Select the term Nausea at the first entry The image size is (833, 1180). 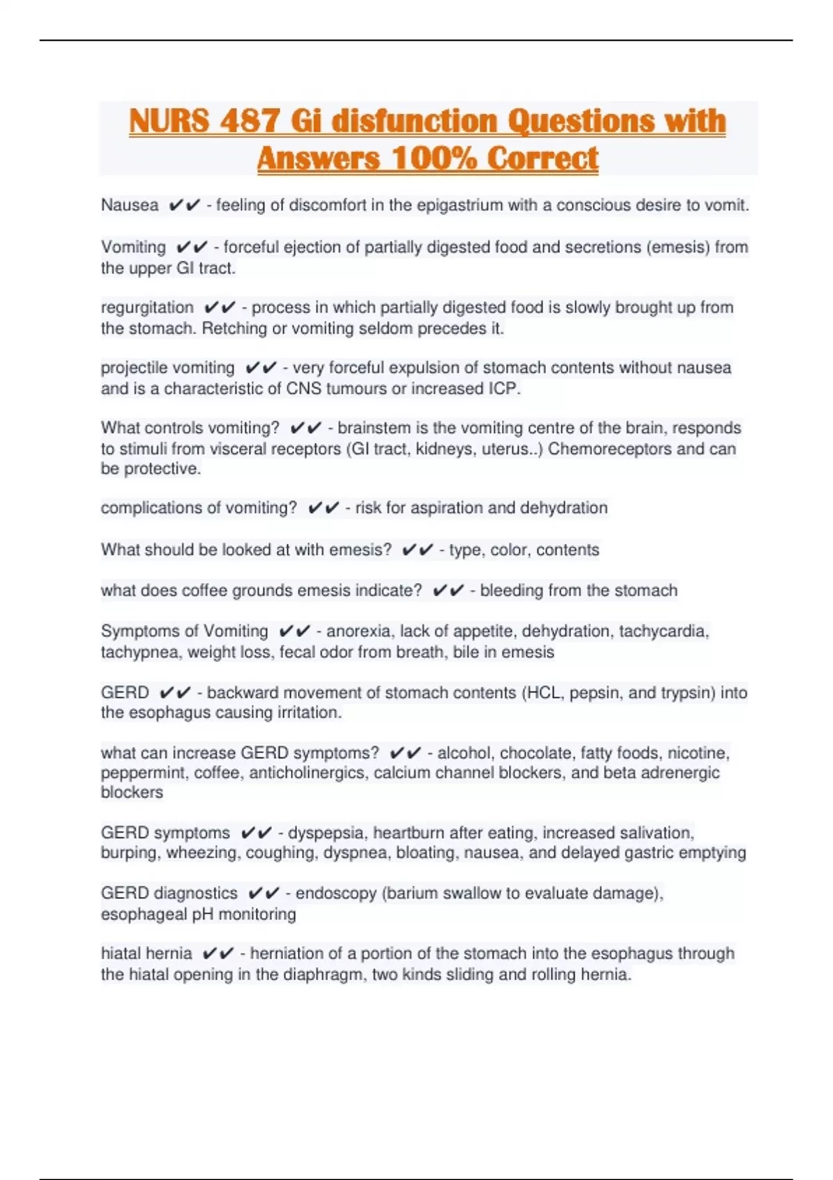[x=130, y=205]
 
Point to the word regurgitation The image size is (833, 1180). [x=147, y=307]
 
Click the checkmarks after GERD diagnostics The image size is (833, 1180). [x=264, y=893]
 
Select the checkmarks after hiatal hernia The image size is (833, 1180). [x=218, y=954]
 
